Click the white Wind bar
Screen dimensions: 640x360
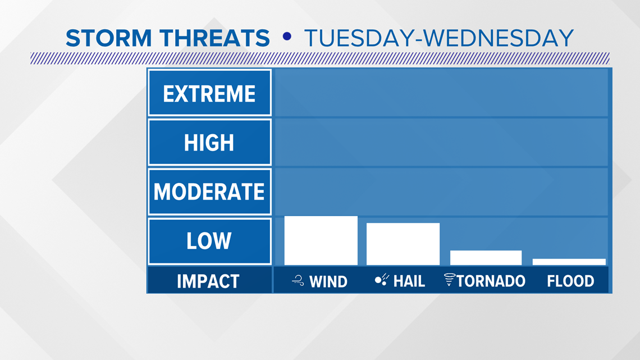coord(321,240)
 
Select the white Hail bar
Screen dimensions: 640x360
coord(403,244)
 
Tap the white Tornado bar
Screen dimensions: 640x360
coord(486,258)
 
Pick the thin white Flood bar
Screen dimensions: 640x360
coord(569,262)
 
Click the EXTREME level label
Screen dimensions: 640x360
coord(209,94)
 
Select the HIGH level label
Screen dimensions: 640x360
coord(209,143)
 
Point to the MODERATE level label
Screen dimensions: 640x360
coord(209,192)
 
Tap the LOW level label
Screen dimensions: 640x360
coord(209,241)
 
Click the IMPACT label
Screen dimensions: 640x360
coord(208,281)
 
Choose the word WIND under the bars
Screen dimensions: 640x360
coord(328,281)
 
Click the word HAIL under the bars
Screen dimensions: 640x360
coord(409,281)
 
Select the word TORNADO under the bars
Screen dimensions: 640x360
coord(491,281)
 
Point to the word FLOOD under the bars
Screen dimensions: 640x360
coord(570,281)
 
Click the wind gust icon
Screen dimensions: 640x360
coord(298,280)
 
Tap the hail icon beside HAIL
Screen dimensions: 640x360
coord(382,280)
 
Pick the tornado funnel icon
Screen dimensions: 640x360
coord(449,279)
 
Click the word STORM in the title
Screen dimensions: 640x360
coord(108,38)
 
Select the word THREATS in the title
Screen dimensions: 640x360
coord(215,38)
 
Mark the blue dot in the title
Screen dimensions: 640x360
coord(287,37)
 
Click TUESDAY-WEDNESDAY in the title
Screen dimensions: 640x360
coord(439,38)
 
